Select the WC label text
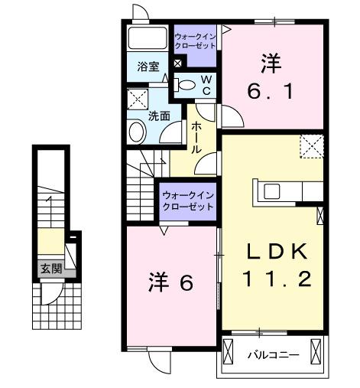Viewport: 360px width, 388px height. pos(206,85)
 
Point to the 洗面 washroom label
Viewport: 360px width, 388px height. pos(159,117)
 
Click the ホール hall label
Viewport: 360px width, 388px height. pos(197,137)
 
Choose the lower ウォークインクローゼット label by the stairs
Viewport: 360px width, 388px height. pos(186,201)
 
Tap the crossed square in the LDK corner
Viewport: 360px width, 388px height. pos(310,145)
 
